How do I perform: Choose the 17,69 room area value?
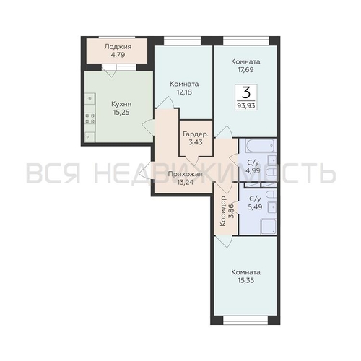(246, 71)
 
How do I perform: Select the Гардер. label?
(196, 134)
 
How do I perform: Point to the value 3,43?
(196, 144)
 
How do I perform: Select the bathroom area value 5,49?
(255, 207)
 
